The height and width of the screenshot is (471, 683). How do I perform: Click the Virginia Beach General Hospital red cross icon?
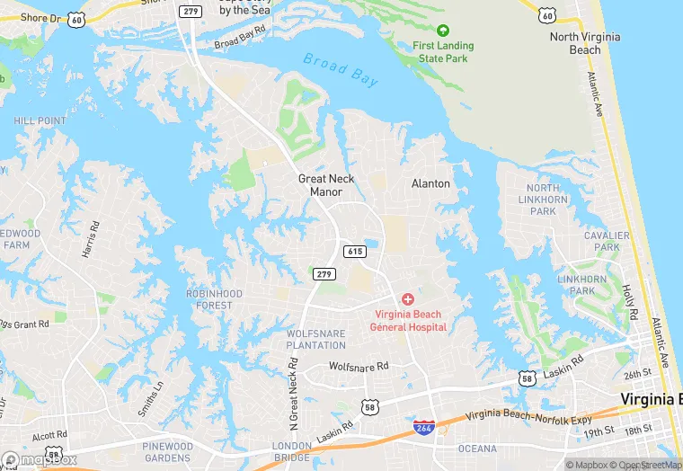408,298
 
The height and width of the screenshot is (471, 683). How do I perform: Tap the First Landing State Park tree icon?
441,31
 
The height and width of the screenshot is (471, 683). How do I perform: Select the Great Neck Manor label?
326,185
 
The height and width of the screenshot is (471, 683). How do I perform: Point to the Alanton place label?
430,183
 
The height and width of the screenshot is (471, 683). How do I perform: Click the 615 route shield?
353,253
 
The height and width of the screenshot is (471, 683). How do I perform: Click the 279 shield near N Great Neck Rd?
324,273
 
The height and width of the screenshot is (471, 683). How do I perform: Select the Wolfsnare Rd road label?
359,367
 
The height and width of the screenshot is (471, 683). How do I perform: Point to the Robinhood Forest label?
215,299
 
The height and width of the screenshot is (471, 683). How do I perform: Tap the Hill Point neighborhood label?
40,120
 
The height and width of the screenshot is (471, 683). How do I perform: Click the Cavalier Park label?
601,241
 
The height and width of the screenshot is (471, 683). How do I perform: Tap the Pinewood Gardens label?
167,452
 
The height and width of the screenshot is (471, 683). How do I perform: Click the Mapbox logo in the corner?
39,459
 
